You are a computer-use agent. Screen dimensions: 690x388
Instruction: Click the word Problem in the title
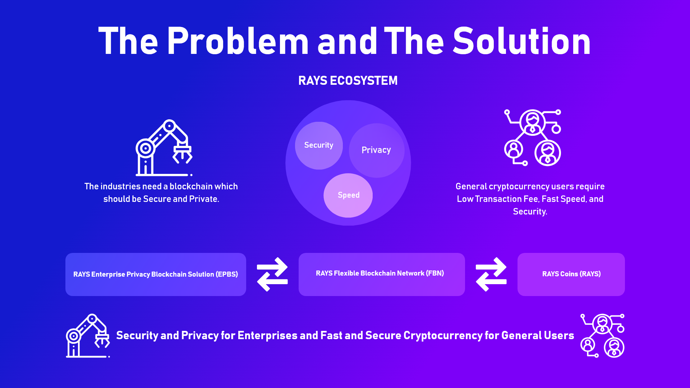point(238,41)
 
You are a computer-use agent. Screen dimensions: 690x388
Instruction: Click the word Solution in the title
point(522,41)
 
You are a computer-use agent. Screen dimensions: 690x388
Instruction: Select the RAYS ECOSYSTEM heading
point(348,80)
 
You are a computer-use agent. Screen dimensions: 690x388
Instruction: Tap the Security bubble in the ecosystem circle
point(319,145)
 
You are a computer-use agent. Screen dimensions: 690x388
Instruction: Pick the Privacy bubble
point(377,150)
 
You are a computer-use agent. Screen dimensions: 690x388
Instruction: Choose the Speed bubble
point(348,195)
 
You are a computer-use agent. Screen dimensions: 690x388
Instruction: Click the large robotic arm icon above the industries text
point(164,148)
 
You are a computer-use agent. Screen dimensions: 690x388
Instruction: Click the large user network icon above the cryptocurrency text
point(533,138)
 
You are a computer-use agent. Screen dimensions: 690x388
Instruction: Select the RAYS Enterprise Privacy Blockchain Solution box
point(156,274)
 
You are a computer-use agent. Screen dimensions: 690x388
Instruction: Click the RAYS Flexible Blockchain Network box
point(382,274)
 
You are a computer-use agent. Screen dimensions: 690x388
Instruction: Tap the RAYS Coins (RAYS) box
point(571,274)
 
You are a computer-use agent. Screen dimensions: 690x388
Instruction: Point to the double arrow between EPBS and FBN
point(272,274)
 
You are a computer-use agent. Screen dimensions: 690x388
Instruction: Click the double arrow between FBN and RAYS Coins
point(491,274)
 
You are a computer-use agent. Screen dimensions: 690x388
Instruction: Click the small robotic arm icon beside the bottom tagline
point(88,336)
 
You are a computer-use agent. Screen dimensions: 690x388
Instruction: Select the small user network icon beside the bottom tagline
point(602,336)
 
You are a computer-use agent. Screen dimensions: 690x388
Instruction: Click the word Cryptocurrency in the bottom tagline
point(443,336)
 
